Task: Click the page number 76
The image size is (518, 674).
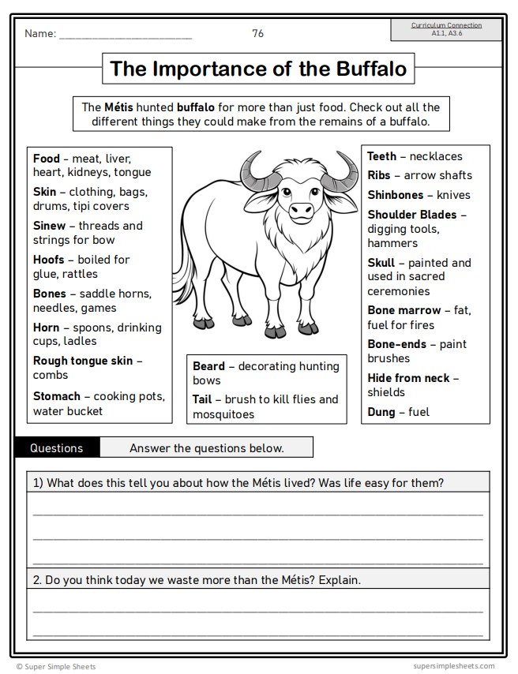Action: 258,33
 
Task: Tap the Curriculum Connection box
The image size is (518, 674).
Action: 446,29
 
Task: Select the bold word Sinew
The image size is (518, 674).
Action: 49,226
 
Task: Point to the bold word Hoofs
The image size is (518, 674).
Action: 49,260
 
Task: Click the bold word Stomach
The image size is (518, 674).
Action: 57,396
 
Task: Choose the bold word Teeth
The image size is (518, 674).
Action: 382,156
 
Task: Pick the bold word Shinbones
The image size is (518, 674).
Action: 396,195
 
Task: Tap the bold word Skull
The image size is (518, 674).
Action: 381,263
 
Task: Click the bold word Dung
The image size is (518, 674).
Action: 381,412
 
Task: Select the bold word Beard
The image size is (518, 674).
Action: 209,366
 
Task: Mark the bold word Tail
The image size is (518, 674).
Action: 202,399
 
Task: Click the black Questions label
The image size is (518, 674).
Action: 57,448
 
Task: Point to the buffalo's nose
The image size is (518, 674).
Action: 301,211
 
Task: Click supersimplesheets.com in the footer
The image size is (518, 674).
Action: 453,666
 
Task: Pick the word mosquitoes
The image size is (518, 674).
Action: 223,414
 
